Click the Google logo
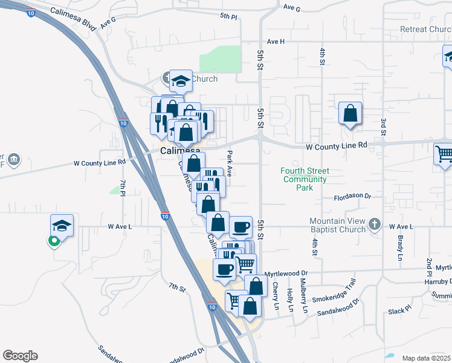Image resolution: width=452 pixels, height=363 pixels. click(20, 356)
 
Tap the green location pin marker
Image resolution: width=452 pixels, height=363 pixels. click(54, 241)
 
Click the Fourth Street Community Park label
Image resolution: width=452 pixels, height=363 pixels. click(303, 179)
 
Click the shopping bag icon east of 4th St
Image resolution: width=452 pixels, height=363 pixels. click(350, 113)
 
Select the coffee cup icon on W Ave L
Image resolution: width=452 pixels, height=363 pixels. click(241, 227)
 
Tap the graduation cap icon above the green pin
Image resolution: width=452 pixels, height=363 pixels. click(62, 225)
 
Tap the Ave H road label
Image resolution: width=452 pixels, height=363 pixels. click(275, 41)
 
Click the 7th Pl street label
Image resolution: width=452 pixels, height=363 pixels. click(123, 188)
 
